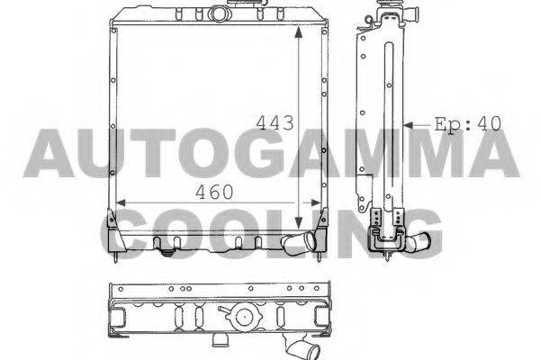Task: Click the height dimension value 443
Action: pos(274,122)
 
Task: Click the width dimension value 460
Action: pos(214,193)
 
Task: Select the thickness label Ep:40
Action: pos(467,124)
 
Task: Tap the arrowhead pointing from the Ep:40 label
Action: pos(408,126)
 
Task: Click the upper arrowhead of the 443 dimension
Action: pos(299,32)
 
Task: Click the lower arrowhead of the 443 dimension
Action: pos(299,222)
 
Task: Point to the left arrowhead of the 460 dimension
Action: pos(121,202)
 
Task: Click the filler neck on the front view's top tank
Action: pos(218,13)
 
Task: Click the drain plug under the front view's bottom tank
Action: pos(167,253)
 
